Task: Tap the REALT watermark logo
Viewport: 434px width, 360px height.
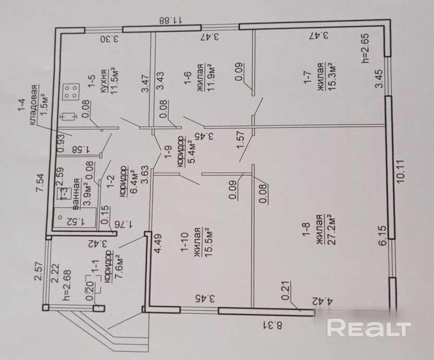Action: click(369, 328)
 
